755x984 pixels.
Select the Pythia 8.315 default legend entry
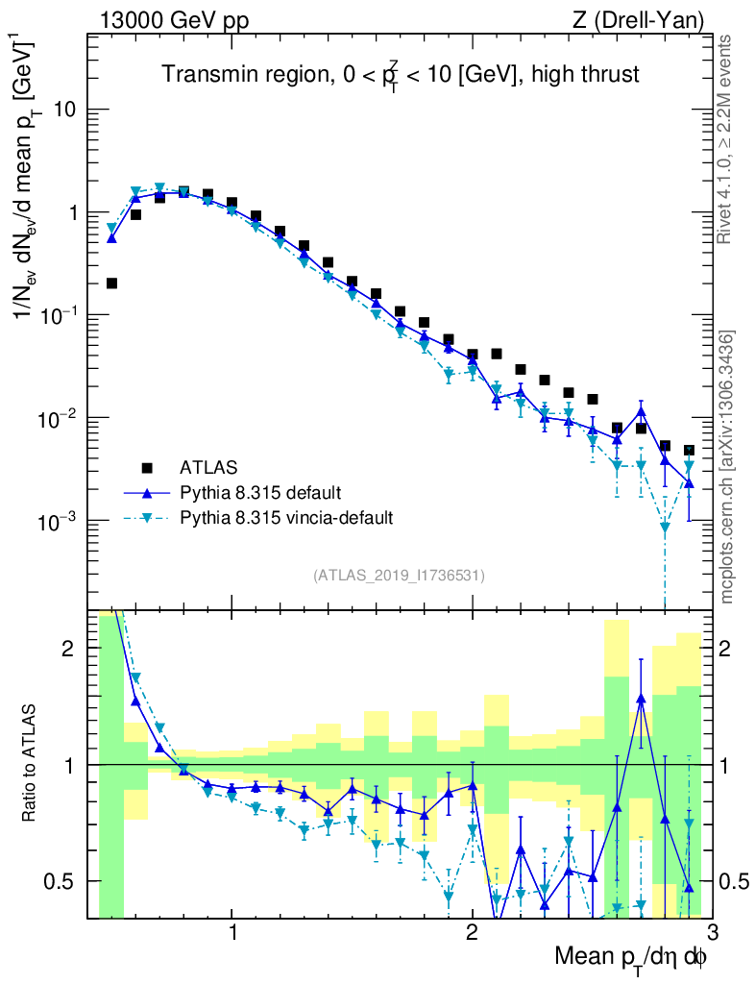point(259,493)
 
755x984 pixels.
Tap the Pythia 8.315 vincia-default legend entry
point(286,518)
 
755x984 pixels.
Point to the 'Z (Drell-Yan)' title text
point(638,19)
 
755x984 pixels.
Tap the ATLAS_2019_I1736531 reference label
point(399,576)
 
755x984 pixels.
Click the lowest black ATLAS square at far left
point(111,283)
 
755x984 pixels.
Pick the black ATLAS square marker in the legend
point(147,468)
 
